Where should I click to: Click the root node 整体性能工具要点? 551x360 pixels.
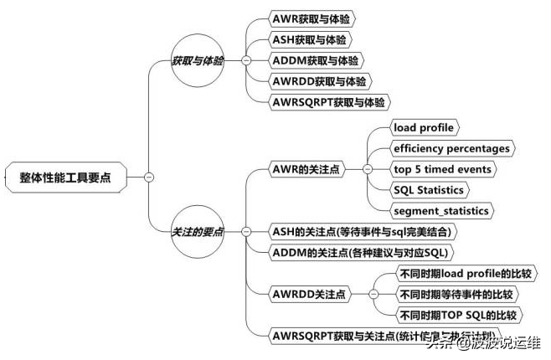(x=70, y=177)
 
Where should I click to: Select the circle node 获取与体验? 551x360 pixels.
(x=198, y=61)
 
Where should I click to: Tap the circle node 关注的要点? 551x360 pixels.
(x=198, y=231)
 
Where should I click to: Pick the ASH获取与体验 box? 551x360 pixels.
(x=308, y=39)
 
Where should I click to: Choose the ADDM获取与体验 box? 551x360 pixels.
(x=316, y=60)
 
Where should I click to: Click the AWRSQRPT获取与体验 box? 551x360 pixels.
(x=330, y=102)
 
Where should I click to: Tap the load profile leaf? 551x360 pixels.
(x=423, y=127)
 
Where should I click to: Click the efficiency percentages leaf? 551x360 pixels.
(x=451, y=148)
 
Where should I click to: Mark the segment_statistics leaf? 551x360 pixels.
(x=440, y=210)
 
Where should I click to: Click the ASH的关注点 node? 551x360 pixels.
(x=366, y=231)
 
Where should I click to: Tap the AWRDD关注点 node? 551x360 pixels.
(x=309, y=294)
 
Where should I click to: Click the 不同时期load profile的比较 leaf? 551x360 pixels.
(x=463, y=274)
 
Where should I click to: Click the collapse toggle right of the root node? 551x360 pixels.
(x=148, y=177)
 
